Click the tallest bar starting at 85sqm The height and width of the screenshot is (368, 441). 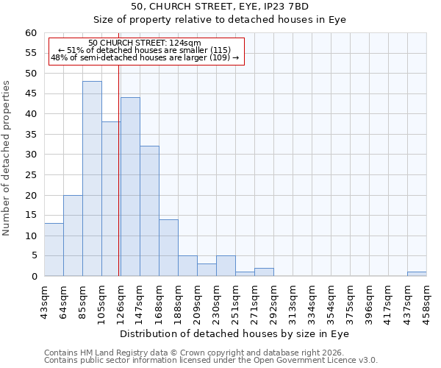coord(92,179)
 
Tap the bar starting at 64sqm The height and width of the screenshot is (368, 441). coord(73,236)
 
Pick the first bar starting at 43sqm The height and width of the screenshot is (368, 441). coord(54,250)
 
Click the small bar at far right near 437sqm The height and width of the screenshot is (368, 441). coord(417,274)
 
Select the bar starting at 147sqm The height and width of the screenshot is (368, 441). coord(149,211)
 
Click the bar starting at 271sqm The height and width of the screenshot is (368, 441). coord(264,272)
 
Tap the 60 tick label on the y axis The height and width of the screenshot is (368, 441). coord(31,33)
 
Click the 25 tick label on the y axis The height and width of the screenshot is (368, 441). coord(31,175)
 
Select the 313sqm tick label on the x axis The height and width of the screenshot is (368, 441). coord(293,300)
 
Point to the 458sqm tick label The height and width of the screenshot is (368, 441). coord(426,300)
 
